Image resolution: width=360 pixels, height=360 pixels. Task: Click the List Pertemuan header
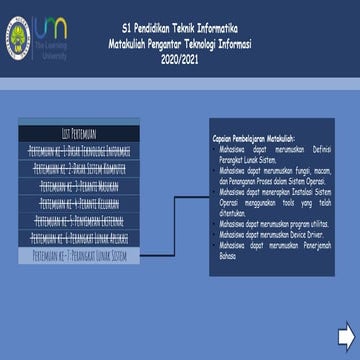point(79,132)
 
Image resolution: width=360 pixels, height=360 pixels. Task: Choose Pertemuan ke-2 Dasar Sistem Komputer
point(79,168)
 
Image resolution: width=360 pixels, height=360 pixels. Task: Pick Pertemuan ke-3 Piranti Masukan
point(79,185)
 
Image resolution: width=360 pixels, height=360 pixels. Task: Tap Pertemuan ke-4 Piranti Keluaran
point(79,203)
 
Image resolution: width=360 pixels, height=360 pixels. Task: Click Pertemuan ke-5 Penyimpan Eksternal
point(79,220)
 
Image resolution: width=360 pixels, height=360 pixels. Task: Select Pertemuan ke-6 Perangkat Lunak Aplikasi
point(79,238)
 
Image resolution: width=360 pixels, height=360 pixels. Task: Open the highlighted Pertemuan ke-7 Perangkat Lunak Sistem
point(79,256)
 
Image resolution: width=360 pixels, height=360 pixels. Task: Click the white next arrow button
point(346,332)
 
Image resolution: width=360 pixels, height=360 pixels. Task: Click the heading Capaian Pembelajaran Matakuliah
point(253,138)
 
